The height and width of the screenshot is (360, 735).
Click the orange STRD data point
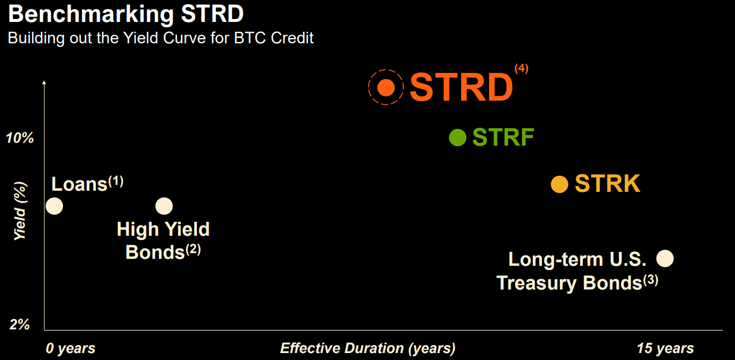[386, 87]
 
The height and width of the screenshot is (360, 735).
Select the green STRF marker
[458, 138]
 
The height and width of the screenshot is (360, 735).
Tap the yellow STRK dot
[559, 184]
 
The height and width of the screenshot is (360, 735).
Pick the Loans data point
[54, 206]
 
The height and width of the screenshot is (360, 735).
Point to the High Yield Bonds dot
[164, 206]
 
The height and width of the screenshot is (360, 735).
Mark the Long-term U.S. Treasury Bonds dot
[665, 258]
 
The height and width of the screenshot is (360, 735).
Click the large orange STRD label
[461, 88]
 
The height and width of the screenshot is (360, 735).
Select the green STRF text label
[503, 138]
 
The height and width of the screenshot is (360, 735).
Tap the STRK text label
[607, 184]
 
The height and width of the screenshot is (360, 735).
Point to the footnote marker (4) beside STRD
[521, 68]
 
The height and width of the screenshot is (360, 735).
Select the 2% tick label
[20, 325]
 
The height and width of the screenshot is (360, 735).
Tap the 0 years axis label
[70, 348]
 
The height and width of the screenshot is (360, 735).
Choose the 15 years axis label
[665, 348]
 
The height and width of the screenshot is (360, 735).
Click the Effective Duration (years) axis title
[367, 348]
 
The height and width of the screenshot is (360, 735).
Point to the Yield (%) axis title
[20, 211]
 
